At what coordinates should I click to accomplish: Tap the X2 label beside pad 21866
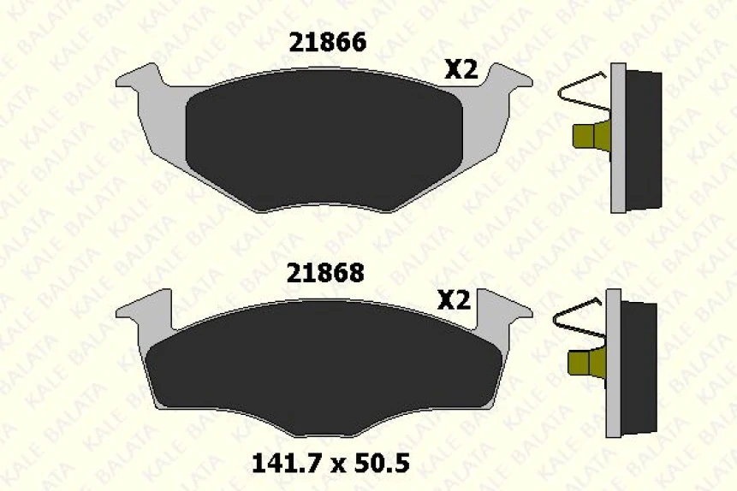pyautogui.click(x=461, y=70)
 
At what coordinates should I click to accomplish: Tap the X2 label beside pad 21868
pyautogui.click(x=454, y=300)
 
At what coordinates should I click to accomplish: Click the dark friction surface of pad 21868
pyautogui.click(x=324, y=370)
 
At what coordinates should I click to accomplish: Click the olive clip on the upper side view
pyautogui.click(x=590, y=135)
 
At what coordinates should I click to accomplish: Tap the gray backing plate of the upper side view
pyautogui.click(x=618, y=137)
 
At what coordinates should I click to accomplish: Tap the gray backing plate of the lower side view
pyautogui.click(x=613, y=364)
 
